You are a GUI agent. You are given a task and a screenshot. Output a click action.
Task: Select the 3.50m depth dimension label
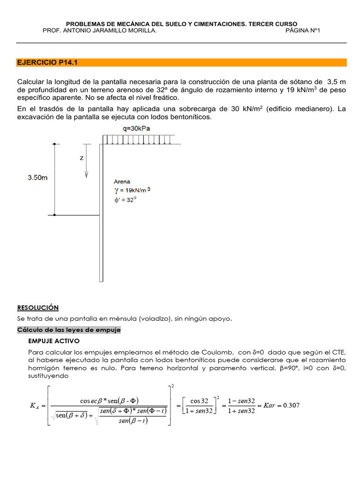(37, 178)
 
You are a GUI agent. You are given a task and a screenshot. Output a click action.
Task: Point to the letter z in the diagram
(81, 158)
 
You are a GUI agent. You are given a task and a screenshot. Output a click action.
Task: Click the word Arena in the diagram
(122, 181)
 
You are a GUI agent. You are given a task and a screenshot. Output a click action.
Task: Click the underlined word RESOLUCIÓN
(38, 308)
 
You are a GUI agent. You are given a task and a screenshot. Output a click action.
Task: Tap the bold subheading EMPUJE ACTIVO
(54, 341)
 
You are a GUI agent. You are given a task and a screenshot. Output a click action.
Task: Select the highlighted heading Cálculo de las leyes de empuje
(69, 330)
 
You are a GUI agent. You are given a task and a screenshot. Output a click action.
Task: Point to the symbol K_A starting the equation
(35, 406)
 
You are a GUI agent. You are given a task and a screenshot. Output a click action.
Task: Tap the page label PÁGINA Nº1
(303, 31)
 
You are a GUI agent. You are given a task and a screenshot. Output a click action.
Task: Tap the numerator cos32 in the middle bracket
(199, 401)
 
